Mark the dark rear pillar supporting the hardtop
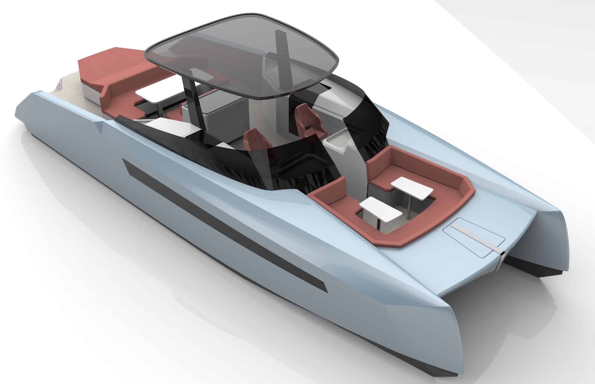[x=190, y=98]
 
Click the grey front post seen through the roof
[x=281, y=50]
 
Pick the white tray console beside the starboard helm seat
[x=338, y=142]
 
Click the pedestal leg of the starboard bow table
[x=409, y=207]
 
